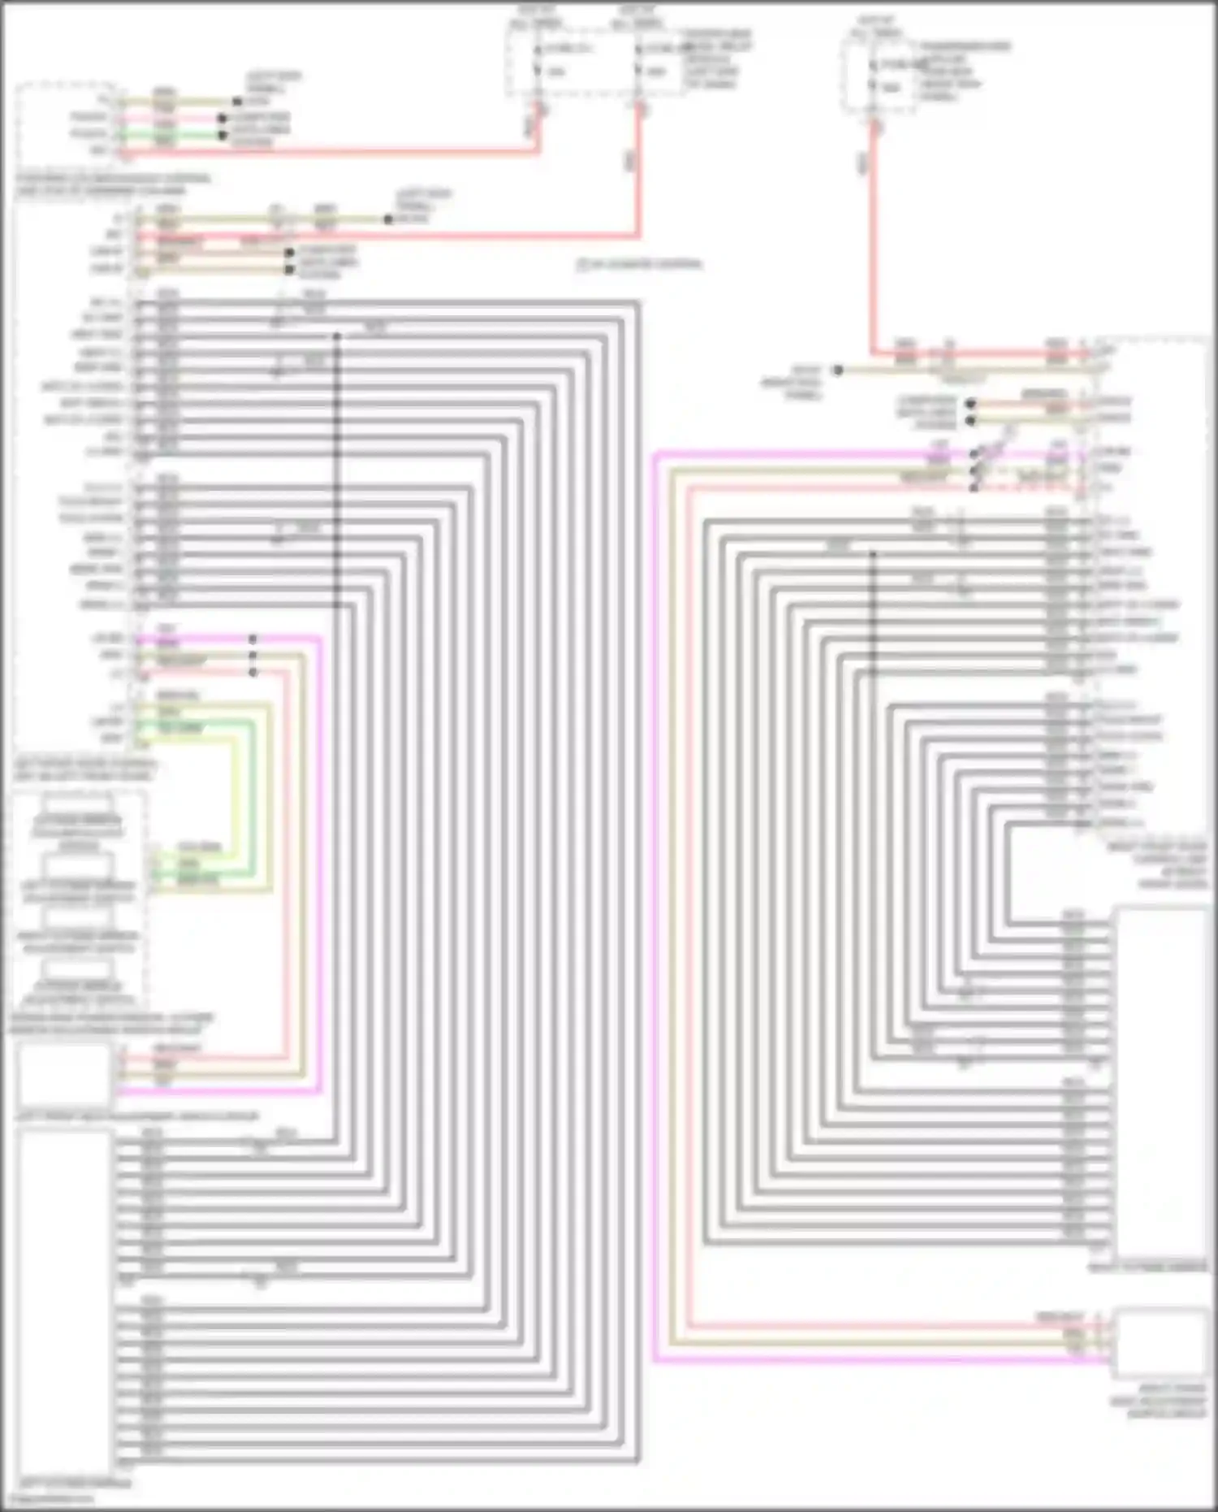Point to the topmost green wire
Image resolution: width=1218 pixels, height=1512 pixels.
pyautogui.click(x=171, y=135)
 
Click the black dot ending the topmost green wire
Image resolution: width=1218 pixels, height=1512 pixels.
pyautogui.click(x=222, y=135)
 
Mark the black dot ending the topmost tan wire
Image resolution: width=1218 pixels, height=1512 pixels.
pyautogui.click(x=237, y=102)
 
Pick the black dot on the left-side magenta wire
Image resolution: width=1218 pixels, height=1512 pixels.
pyautogui.click(x=253, y=639)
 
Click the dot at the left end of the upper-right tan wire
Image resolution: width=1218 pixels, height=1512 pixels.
pyautogui.click(x=838, y=370)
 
